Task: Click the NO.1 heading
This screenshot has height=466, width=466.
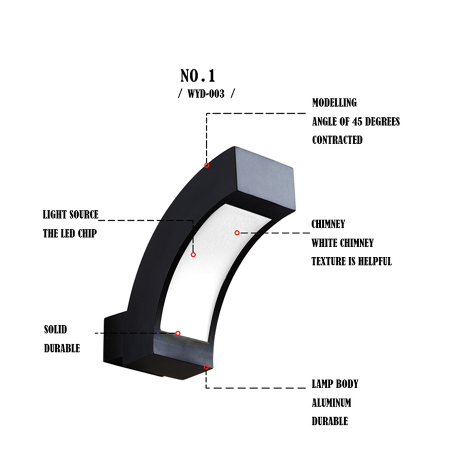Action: coord(198,75)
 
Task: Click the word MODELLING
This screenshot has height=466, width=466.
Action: coord(334,103)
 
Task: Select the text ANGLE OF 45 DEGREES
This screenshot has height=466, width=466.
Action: coord(356,122)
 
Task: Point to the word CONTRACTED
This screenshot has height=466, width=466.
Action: coord(337,140)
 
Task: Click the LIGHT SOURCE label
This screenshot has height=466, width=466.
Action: coord(71,215)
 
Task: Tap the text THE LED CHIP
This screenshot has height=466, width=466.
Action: coord(69,233)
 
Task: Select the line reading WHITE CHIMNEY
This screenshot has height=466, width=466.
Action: coord(343,243)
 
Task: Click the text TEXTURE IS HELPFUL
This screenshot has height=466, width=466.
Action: coord(351,261)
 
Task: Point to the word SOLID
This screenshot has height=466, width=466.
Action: coord(55,330)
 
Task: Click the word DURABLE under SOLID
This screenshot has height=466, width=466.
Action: coord(62,348)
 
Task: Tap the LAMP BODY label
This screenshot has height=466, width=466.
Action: coord(335,384)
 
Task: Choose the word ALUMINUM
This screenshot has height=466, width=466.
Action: coord(331,403)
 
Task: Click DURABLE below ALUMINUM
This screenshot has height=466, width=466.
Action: coord(329,421)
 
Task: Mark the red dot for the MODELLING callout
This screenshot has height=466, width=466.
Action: coord(207,165)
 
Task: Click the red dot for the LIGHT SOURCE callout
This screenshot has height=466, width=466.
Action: coord(193,254)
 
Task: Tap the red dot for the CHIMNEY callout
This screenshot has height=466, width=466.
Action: coord(237,233)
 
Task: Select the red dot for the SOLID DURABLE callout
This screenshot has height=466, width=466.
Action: coord(178,333)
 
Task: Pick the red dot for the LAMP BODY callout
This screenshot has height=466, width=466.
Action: coord(206,367)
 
